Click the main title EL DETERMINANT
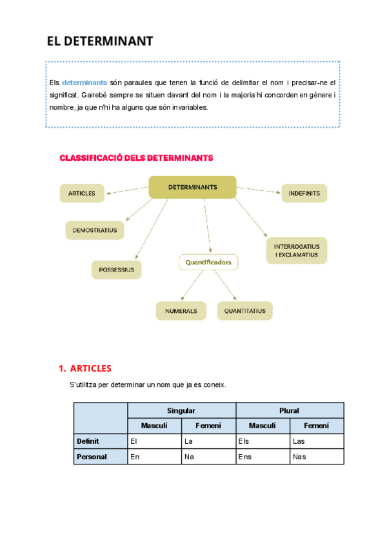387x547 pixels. (x=100, y=42)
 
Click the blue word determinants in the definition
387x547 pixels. (x=84, y=83)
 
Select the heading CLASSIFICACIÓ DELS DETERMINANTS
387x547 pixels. (x=136, y=157)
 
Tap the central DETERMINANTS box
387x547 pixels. (x=192, y=187)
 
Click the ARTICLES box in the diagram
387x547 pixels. (x=82, y=193)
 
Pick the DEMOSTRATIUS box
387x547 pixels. (x=95, y=230)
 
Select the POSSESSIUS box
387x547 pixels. (x=117, y=270)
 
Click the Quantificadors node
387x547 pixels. (x=208, y=263)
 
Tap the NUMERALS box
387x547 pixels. (x=181, y=311)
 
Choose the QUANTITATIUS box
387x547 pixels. (x=244, y=311)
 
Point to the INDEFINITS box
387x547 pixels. (x=304, y=193)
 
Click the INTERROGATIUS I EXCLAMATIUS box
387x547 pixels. (x=297, y=250)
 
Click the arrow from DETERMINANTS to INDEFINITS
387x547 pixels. (x=259, y=190)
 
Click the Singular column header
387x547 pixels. (x=181, y=410)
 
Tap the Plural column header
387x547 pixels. (x=289, y=410)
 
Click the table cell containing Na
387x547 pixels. (x=208, y=457)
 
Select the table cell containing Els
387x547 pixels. (x=263, y=441)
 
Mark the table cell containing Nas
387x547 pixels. (x=316, y=457)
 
